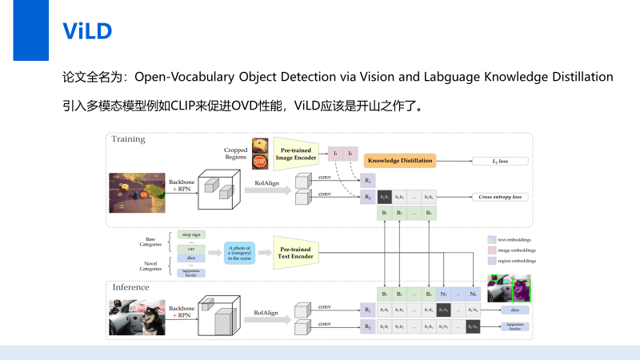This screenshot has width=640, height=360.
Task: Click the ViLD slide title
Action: [87, 31]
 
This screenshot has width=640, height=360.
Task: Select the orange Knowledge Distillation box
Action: [399, 161]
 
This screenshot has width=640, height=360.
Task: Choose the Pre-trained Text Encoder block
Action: [297, 252]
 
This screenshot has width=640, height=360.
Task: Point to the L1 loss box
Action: [499, 161]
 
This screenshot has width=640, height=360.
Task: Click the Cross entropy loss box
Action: [499, 196]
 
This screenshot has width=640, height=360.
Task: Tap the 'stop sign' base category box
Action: [192, 234]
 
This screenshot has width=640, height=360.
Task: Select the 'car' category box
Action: [192, 250]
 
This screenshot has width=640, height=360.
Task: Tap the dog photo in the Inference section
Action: [137, 317]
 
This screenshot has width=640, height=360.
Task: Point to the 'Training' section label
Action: [128, 139]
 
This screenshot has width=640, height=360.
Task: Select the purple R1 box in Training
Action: [368, 180]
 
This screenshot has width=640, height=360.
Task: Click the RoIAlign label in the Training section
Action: [266, 184]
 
